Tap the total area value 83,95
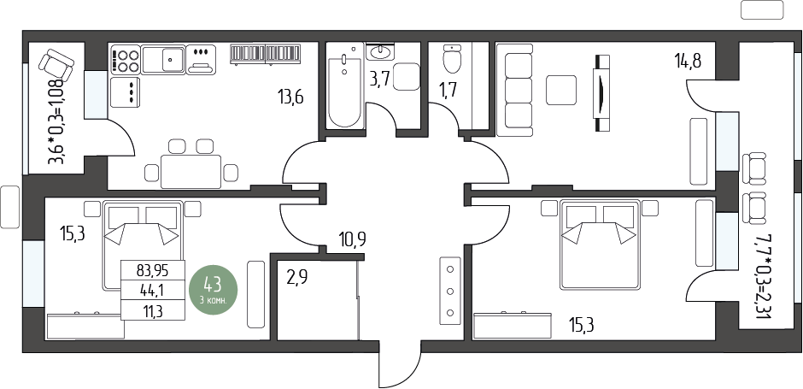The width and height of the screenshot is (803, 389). (x=153, y=269)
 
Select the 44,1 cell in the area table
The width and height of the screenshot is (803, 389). (x=153, y=290)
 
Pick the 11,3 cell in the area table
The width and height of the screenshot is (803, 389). (x=153, y=310)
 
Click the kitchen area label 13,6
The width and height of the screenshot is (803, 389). (x=291, y=96)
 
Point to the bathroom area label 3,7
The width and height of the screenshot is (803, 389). (x=379, y=80)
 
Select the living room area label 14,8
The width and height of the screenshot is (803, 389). (x=688, y=61)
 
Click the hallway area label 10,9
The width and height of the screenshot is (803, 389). (x=352, y=239)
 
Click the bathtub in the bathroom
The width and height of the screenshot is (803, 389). (x=344, y=85)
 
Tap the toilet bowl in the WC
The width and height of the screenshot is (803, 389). (x=452, y=59)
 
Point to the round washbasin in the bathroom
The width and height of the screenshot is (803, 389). (x=380, y=51)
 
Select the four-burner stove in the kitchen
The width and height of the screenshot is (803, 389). (x=126, y=60)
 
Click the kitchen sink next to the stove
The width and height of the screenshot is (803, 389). (x=163, y=60)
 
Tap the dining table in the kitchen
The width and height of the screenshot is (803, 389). (x=191, y=172)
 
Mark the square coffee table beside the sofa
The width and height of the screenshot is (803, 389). (x=561, y=91)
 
